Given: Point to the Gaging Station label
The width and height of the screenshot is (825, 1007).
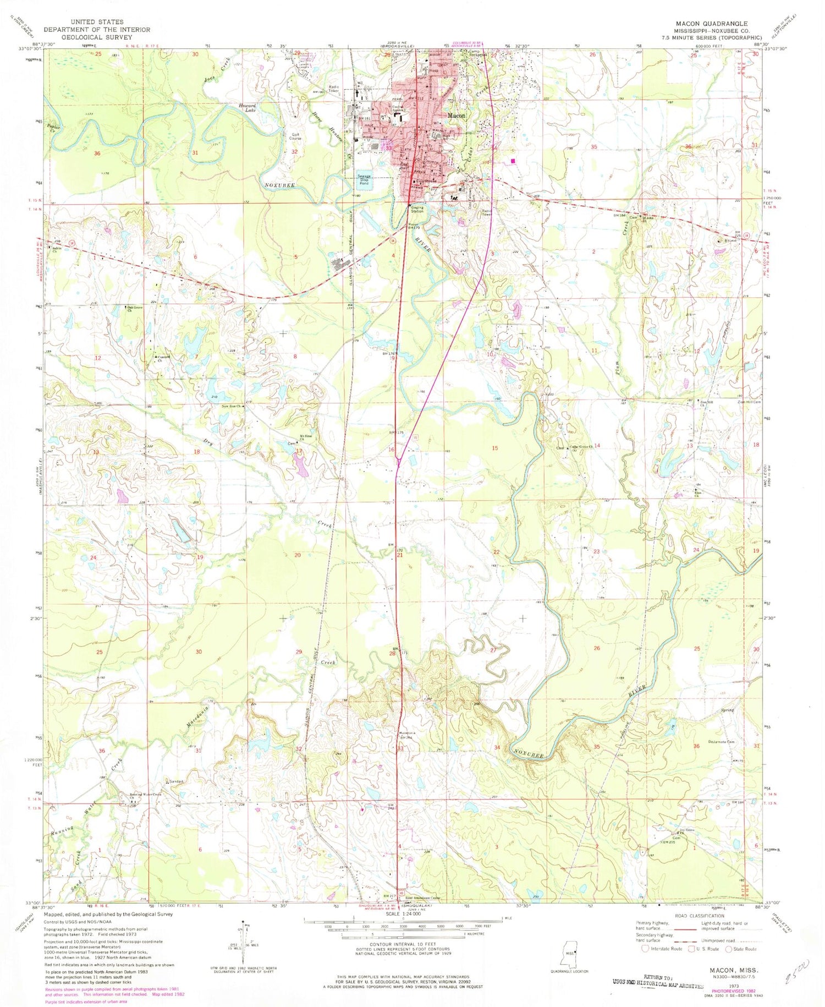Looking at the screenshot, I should pyautogui.click(x=417, y=210).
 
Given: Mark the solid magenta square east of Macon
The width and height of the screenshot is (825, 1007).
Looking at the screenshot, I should pyautogui.click(x=513, y=161).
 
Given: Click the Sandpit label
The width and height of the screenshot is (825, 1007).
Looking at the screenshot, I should pyautogui.click(x=176, y=781).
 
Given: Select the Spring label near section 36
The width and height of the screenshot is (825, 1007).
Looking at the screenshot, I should pyautogui.click(x=728, y=710).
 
